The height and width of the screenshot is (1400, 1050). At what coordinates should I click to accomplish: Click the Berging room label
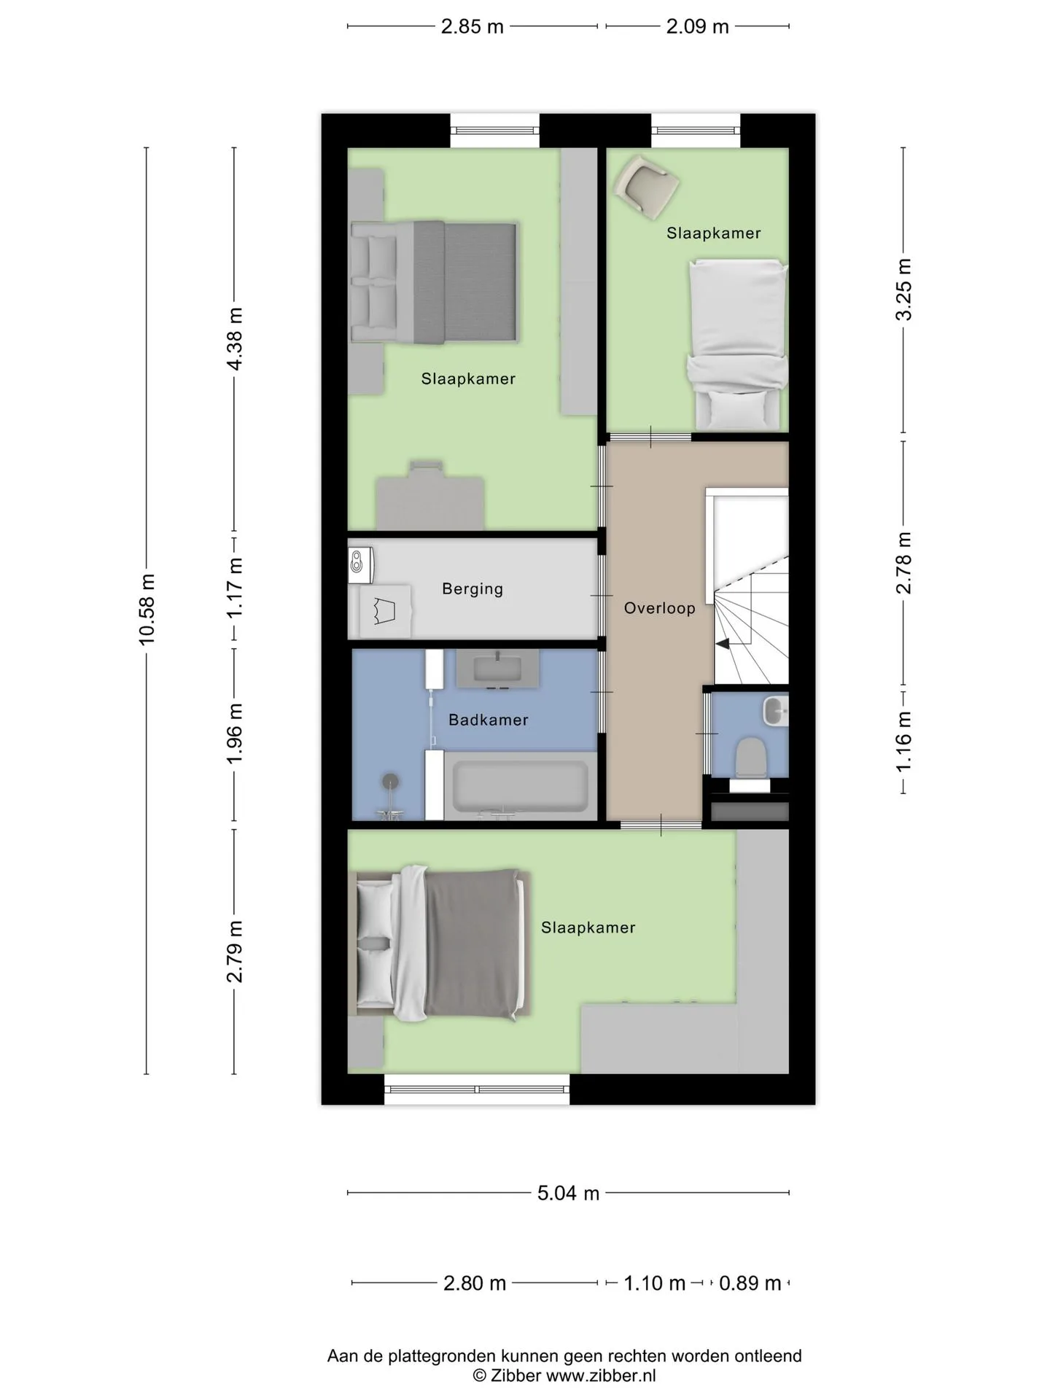[x=472, y=589]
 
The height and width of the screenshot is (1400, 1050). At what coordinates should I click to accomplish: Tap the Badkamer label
[x=489, y=720]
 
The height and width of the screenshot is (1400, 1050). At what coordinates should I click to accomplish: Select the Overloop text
[x=660, y=608]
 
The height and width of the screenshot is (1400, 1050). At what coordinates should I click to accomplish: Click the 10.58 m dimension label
[x=147, y=610]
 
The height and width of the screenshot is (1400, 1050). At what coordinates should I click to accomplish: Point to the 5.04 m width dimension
[x=569, y=1193]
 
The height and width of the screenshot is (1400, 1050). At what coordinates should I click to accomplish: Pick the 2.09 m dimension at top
[x=698, y=27]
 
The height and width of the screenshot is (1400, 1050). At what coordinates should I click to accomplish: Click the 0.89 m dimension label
[x=750, y=1283]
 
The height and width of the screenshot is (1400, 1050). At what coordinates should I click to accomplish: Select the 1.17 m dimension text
[x=235, y=588]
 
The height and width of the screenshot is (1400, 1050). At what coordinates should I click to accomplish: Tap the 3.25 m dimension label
[x=904, y=289]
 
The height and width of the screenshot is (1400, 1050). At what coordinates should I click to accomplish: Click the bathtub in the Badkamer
[x=521, y=786]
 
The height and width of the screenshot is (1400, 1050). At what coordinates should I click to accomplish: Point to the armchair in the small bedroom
[x=646, y=187]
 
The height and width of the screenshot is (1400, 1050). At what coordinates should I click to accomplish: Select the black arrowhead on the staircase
[x=723, y=644]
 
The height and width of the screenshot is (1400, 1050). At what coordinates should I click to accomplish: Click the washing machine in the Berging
[x=362, y=565]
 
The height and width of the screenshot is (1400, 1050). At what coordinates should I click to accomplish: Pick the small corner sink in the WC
[x=776, y=711]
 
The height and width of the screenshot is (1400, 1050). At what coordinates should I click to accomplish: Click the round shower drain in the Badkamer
[x=392, y=781]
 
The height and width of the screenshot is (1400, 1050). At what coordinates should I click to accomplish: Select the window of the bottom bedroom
[x=477, y=1089]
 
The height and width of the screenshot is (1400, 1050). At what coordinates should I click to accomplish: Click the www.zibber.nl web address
[x=601, y=1376]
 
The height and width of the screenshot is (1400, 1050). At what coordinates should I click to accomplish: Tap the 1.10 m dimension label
[x=655, y=1283]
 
